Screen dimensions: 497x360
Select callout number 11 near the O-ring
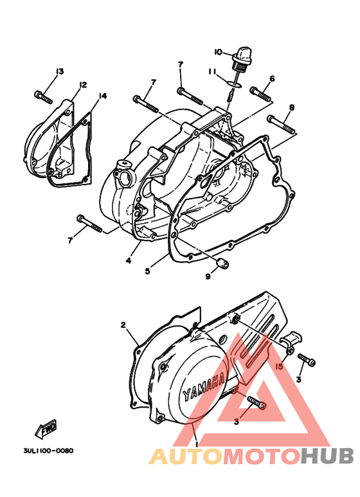(x=212, y=73)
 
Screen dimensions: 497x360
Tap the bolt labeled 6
(x=260, y=94)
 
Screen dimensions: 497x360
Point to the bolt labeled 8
(x=280, y=124)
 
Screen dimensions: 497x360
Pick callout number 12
(x=83, y=85)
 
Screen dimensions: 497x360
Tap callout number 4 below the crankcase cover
(x=129, y=260)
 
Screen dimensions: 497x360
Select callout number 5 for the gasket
(x=147, y=271)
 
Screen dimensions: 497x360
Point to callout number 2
(x=123, y=325)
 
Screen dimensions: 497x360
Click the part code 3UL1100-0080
(x=48, y=451)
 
